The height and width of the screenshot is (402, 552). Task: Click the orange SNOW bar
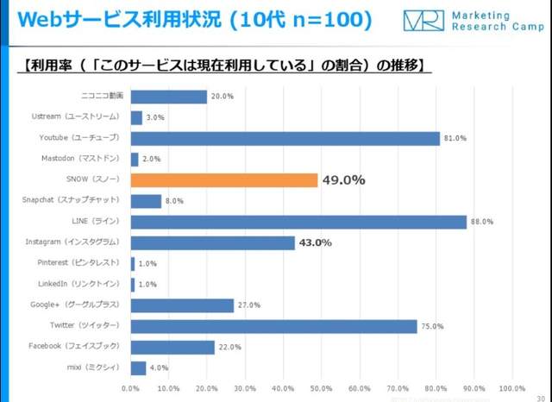(224, 180)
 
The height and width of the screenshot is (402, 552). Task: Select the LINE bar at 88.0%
(298, 222)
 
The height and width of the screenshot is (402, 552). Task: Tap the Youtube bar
(285, 138)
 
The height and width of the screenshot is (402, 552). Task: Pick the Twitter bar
(273, 326)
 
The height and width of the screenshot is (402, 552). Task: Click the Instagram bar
(212, 243)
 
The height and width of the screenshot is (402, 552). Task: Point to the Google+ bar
(182, 305)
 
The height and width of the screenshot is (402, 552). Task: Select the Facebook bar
(172, 347)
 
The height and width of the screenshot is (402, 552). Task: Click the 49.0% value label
(343, 180)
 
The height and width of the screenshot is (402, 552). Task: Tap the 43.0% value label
(316, 243)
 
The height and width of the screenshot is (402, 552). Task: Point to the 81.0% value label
(455, 138)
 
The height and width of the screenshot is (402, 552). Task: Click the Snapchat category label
(74, 201)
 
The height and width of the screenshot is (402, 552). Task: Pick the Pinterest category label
(82, 264)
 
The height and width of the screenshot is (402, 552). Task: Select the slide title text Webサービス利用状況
(112, 19)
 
